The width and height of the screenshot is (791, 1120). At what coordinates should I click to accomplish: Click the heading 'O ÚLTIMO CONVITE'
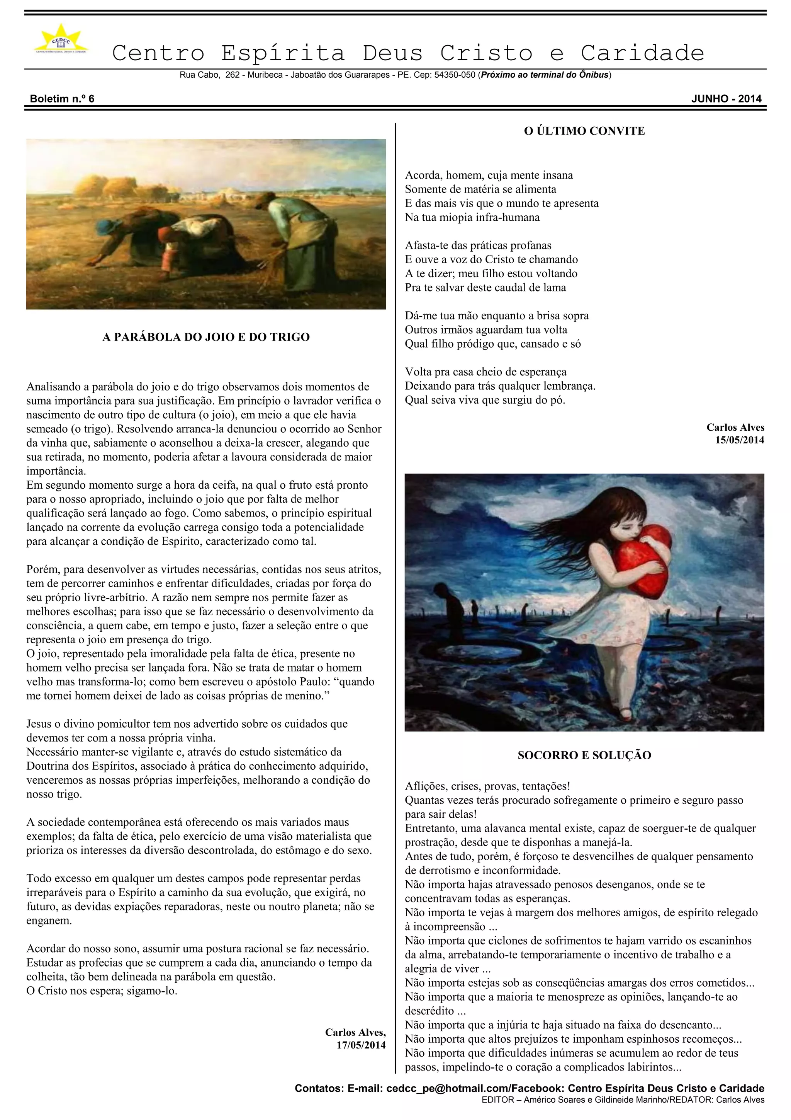tap(584, 131)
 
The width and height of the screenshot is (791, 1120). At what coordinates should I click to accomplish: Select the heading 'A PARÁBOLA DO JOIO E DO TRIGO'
tap(206, 337)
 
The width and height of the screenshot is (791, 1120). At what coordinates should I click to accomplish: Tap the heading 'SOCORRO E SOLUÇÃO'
tap(584, 755)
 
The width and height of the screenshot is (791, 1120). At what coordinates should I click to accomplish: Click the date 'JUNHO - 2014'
tap(726, 99)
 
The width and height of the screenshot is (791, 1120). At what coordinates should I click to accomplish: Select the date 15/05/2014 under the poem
tap(739, 440)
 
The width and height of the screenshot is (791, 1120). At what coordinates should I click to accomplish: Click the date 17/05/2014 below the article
tap(361, 1045)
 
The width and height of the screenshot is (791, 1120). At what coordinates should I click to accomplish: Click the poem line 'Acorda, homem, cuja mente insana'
tap(489, 175)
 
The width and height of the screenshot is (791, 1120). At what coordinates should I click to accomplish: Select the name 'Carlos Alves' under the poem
tap(735, 427)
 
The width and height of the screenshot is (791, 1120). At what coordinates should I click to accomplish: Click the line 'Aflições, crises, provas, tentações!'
tap(487, 786)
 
